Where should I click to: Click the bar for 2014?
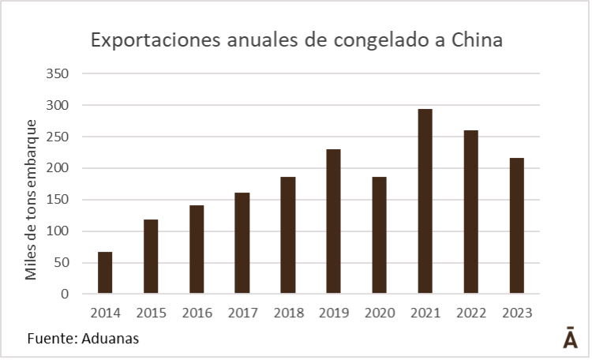click(105, 273)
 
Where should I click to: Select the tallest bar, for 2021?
click(425, 201)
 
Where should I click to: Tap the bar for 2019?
click(333, 222)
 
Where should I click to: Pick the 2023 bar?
click(516, 226)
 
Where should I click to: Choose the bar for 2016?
click(197, 249)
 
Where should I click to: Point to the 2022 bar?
click(470, 212)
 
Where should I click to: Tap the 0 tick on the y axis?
click(66, 294)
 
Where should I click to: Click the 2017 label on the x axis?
click(242, 313)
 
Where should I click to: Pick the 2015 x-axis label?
click(151, 313)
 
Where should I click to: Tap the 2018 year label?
click(288, 313)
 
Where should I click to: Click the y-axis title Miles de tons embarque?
click(32, 200)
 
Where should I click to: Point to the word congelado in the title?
click(369, 41)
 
